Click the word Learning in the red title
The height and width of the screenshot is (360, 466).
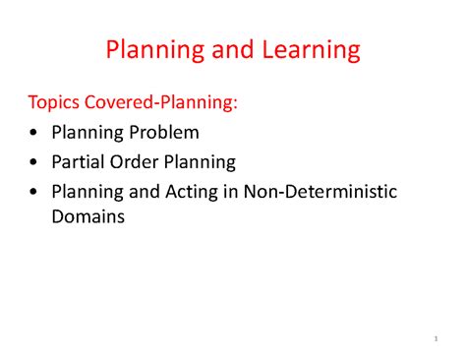point(304,49)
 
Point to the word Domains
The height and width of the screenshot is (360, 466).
point(87,218)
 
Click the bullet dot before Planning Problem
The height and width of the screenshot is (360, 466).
point(35,133)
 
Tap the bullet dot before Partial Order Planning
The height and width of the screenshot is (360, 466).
point(35,162)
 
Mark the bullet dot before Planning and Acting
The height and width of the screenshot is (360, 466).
point(35,193)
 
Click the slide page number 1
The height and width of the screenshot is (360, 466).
point(434,340)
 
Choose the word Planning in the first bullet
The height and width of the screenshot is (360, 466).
point(87,132)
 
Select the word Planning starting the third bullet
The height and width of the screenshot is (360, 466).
point(87,192)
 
